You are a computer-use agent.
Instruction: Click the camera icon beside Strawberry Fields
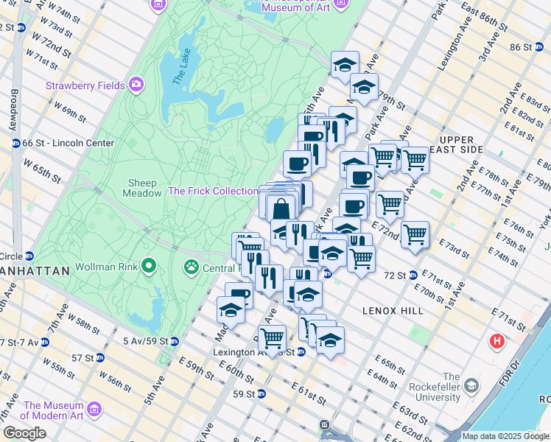point(136,85)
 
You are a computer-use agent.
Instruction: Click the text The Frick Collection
point(212,191)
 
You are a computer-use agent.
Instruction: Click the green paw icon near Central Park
point(192,265)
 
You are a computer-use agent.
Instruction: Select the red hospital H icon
point(497,342)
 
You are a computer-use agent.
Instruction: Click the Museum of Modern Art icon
point(94,408)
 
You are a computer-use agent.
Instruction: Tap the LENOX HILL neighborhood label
point(393,312)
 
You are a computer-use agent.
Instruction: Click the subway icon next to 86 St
point(537,47)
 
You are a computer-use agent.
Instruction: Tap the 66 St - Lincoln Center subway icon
point(15,143)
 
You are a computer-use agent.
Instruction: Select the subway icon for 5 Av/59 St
point(174,341)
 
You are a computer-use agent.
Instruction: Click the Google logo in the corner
point(25,433)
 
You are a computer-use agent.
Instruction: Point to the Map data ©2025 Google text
point(505,436)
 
